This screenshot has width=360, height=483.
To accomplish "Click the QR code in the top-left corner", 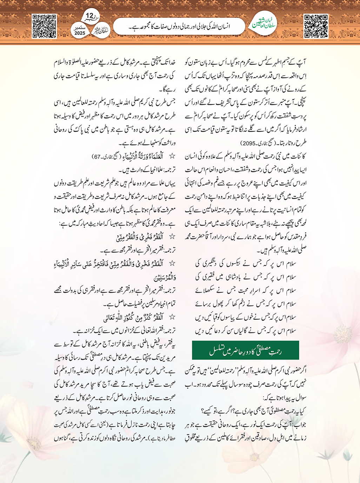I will [x=44, y=26].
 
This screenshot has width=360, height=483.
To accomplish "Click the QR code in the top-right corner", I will [x=316, y=26].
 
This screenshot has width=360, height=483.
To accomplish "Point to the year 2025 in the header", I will [x=80, y=33].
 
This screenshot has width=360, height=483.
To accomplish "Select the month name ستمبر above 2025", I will [x=80, y=27].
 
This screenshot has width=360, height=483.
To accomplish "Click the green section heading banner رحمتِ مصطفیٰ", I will [x=246, y=350].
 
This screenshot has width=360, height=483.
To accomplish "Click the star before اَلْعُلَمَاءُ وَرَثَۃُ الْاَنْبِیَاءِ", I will [x=172, y=156].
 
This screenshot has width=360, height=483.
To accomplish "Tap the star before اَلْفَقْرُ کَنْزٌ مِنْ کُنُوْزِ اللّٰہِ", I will [x=172, y=317].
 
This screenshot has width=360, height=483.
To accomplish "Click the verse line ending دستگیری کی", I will [x=246, y=263].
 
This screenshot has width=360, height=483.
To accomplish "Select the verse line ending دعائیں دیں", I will [x=246, y=330].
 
